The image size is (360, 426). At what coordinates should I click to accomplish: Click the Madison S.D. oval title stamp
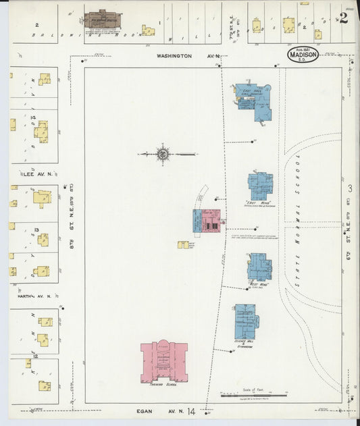[303, 54]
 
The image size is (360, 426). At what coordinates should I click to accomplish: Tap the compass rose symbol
[163, 155]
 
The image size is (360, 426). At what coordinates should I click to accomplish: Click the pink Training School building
[163, 363]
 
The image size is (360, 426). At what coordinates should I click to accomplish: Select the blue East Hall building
[253, 101]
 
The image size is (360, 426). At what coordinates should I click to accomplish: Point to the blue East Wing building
[260, 186]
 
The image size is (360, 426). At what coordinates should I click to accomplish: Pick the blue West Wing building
[259, 267]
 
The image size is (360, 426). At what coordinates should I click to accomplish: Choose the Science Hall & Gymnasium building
[245, 321]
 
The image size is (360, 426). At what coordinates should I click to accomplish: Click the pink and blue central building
[207, 221]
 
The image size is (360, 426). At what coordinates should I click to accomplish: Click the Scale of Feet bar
[254, 396]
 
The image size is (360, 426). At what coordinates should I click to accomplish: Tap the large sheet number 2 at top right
[344, 18]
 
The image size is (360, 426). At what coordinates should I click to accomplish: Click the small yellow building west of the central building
[183, 244]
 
